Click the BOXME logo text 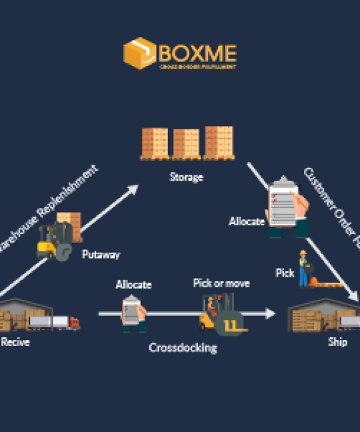point(197,51)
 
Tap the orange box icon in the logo point(139,53)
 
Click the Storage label point(186,177)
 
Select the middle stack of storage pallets point(186,143)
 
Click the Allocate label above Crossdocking point(133,285)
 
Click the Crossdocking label point(183,347)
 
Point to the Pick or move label point(221,283)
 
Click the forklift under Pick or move point(221,315)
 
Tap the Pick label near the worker point(285,273)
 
